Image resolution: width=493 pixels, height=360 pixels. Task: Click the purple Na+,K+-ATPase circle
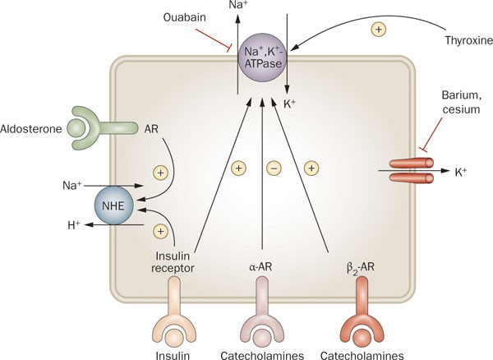(262, 59)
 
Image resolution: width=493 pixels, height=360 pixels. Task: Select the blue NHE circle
(113, 205)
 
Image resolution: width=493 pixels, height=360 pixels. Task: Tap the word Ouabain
(185, 17)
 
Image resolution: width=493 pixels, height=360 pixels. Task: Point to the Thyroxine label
(469, 40)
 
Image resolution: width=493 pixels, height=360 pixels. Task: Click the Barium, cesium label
(461, 102)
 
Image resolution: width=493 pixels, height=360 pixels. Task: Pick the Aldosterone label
(31, 129)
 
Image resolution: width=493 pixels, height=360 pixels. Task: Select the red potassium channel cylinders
(412, 171)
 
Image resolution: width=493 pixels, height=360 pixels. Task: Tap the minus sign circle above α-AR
(274, 168)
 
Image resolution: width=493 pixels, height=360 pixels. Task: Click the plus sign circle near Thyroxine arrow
(379, 30)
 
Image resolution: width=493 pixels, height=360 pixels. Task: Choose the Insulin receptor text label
(173, 262)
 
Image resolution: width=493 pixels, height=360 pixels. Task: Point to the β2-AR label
(361, 268)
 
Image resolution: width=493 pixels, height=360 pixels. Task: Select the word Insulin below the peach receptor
(173, 355)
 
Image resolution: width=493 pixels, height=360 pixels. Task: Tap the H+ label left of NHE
(74, 225)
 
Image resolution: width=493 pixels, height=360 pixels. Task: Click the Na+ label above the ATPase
(239, 5)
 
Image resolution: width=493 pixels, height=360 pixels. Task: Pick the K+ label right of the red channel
(461, 172)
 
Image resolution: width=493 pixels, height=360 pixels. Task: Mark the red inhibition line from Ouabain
(213, 39)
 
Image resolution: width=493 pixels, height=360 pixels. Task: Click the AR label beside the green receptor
(151, 129)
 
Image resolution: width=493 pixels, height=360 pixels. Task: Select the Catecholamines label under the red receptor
(362, 355)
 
